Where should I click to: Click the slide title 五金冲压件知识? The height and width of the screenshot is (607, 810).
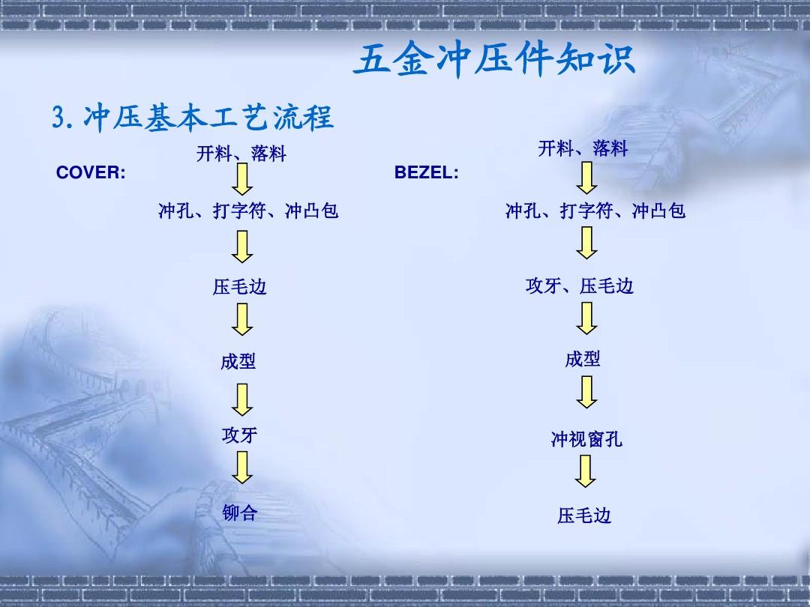point(494,61)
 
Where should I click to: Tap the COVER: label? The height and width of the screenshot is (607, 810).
point(91,172)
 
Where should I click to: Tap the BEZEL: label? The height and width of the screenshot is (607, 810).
point(427,172)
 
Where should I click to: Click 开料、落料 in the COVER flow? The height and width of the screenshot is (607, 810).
point(241,154)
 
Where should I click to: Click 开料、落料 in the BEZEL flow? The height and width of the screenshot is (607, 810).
point(583,148)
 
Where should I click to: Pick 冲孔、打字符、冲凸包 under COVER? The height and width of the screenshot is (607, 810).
point(248,211)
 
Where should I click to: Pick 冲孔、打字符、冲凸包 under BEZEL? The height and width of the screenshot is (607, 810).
point(595,211)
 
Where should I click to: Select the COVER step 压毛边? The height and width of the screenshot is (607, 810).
point(240,286)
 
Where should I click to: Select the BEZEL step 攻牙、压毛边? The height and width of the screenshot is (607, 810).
point(580,286)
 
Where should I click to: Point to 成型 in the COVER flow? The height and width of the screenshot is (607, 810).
point(238,361)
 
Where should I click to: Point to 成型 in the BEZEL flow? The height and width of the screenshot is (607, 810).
point(583,359)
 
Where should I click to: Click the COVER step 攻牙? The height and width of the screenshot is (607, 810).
point(239,435)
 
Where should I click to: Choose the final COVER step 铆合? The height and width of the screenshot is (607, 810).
point(240,513)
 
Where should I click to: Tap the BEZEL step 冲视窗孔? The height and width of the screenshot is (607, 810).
point(586,439)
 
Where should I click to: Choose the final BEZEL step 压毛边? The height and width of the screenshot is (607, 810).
point(584,515)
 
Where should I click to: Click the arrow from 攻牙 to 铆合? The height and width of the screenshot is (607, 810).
point(241,467)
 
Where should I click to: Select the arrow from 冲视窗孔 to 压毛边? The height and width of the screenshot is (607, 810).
point(585,471)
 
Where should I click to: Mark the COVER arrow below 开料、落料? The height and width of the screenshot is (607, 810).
point(241,179)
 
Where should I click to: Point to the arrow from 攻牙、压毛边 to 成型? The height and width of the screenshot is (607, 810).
point(586,318)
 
